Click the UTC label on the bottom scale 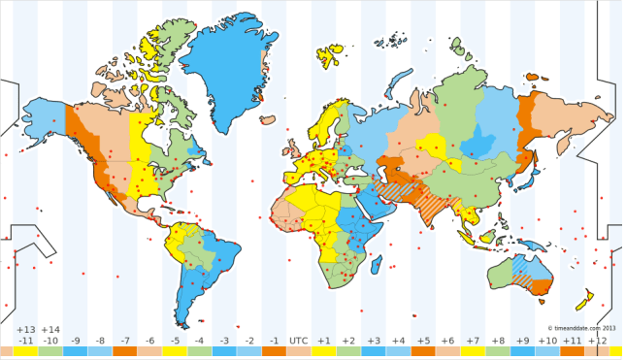point(298,341)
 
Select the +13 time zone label point(25,330)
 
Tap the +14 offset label point(50,330)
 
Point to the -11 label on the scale point(25,341)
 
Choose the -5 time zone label point(175,341)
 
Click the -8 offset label point(100,341)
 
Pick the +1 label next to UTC point(324,341)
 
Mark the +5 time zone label point(423,341)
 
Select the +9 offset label point(522,341)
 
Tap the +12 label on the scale point(597,341)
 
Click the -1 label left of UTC point(274,341)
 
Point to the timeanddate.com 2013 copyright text point(581,328)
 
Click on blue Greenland point(222,78)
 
